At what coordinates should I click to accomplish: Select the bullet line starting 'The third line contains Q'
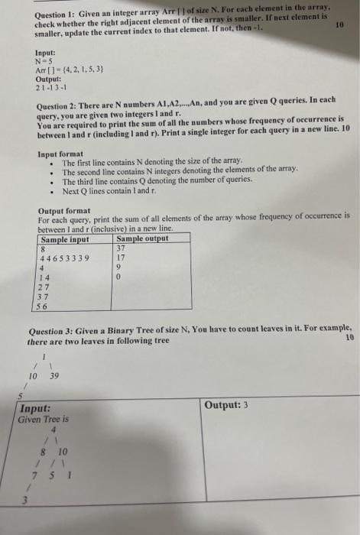tap(157, 181)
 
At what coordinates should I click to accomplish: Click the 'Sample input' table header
tap(70, 239)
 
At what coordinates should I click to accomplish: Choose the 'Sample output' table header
tap(143, 239)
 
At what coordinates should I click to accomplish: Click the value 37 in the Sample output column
tap(121, 248)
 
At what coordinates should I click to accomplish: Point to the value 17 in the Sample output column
tap(121, 258)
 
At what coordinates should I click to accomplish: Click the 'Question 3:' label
tap(54, 332)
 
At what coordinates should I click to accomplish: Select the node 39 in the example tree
tap(54, 376)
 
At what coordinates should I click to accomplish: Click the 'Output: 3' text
tap(226, 405)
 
